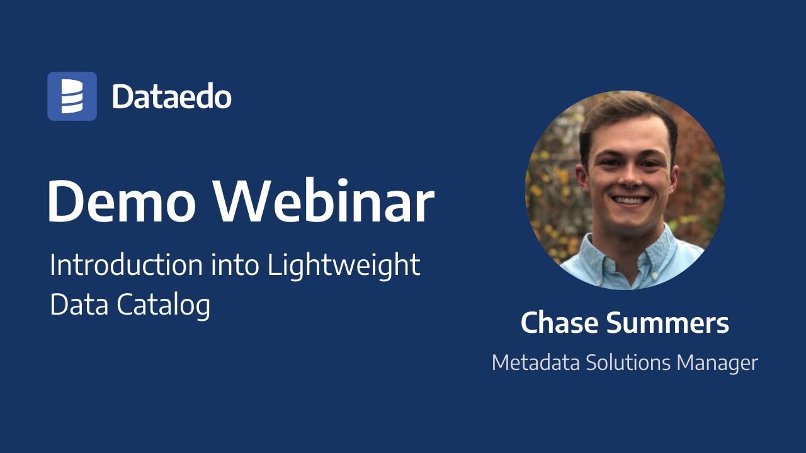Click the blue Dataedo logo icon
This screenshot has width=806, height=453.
(72, 96)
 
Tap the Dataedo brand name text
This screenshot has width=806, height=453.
(172, 97)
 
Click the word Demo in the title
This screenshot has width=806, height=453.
(123, 201)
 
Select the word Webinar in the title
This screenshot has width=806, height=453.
(325, 201)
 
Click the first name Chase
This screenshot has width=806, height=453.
(559, 323)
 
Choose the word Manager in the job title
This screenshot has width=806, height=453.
(718, 363)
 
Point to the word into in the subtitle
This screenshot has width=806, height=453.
(234, 266)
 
